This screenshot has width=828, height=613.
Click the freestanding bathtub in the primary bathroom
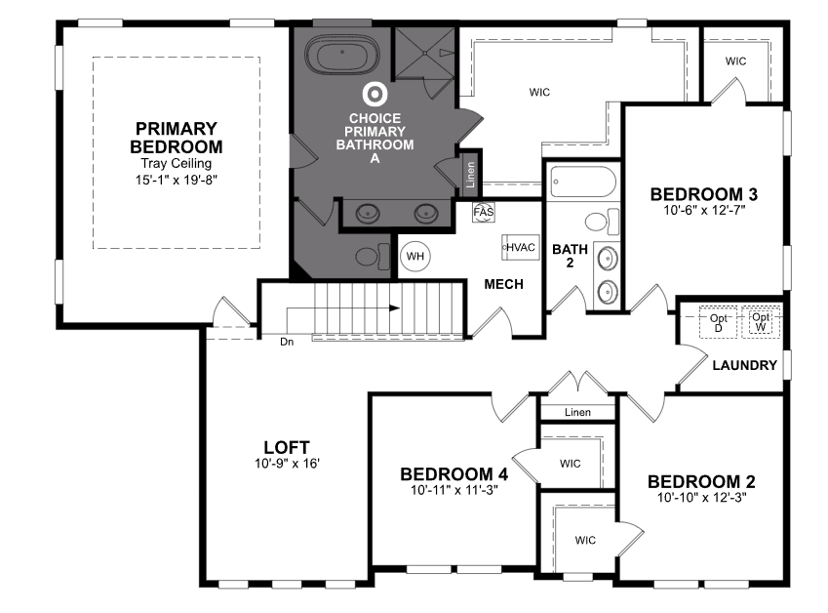(x=342, y=54)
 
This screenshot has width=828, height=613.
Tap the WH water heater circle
(x=415, y=257)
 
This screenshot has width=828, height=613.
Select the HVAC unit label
(x=521, y=247)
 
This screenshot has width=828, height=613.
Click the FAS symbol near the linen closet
(x=484, y=213)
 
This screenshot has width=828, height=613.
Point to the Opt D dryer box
(x=718, y=322)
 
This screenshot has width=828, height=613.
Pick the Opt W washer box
(x=761, y=322)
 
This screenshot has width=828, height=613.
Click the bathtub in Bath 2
(x=583, y=182)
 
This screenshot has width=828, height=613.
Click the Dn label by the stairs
(x=287, y=342)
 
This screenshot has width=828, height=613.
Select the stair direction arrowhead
(x=394, y=307)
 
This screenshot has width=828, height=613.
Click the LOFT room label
(x=287, y=448)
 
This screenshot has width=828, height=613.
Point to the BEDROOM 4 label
(x=454, y=474)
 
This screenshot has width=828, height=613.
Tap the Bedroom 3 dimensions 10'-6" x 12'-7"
(x=704, y=210)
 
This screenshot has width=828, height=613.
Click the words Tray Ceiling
(x=176, y=164)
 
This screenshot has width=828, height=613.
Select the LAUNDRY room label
(x=744, y=365)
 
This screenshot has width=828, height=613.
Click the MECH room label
(x=504, y=284)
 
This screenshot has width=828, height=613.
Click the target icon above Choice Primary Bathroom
(x=375, y=94)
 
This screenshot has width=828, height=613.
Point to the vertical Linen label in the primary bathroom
(x=470, y=175)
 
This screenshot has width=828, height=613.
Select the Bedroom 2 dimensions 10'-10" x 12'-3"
(x=702, y=497)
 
